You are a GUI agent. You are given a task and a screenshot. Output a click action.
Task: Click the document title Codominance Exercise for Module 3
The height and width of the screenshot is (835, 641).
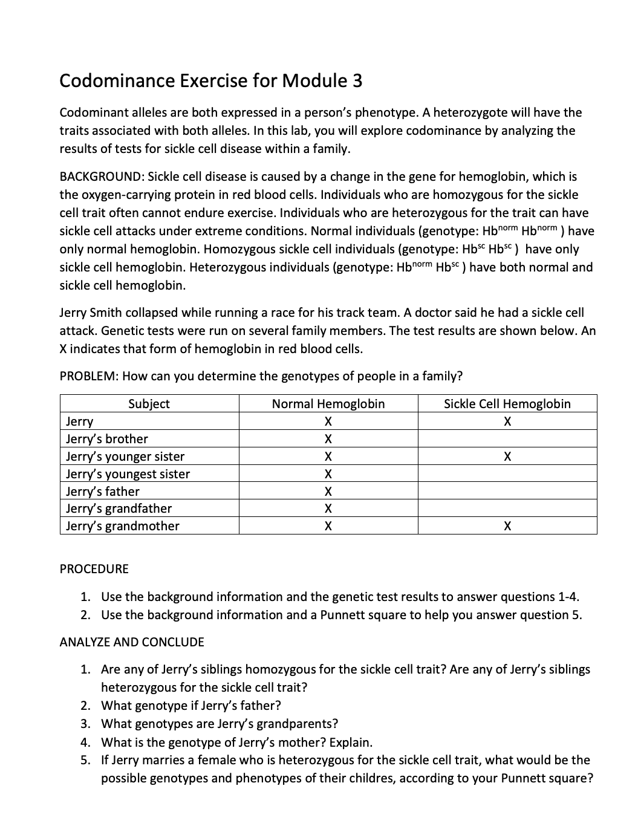(210, 81)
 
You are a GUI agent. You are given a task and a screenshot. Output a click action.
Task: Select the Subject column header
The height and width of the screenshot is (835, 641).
(149, 404)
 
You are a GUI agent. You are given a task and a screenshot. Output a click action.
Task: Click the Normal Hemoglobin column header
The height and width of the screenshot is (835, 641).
(328, 404)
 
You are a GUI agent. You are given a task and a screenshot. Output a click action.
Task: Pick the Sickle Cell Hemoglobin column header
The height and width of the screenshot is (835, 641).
(507, 404)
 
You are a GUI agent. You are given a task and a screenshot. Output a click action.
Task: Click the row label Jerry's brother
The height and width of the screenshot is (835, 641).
(107, 439)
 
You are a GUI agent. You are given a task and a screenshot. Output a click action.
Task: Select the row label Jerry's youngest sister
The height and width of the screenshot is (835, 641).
(128, 474)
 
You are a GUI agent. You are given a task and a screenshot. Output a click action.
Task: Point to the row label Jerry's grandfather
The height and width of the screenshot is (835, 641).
(119, 508)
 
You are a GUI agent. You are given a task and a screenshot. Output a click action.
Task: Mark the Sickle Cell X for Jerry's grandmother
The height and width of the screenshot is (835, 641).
(507, 527)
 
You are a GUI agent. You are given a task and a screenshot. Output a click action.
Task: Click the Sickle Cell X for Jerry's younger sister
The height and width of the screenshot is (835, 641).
(507, 456)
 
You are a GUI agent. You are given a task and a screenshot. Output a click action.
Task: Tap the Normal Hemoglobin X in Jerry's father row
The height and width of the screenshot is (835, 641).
(328, 492)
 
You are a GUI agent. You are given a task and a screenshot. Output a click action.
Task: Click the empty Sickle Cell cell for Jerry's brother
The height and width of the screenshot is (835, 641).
(507, 439)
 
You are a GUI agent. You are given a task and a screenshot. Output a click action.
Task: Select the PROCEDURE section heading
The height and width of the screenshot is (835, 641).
(94, 569)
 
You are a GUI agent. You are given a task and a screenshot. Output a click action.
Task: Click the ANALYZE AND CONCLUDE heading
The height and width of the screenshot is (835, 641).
(132, 642)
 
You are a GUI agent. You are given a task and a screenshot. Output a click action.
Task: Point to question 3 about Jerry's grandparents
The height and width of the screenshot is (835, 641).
(219, 724)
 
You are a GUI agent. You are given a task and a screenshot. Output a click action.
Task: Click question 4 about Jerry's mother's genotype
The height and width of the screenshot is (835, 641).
(236, 742)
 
